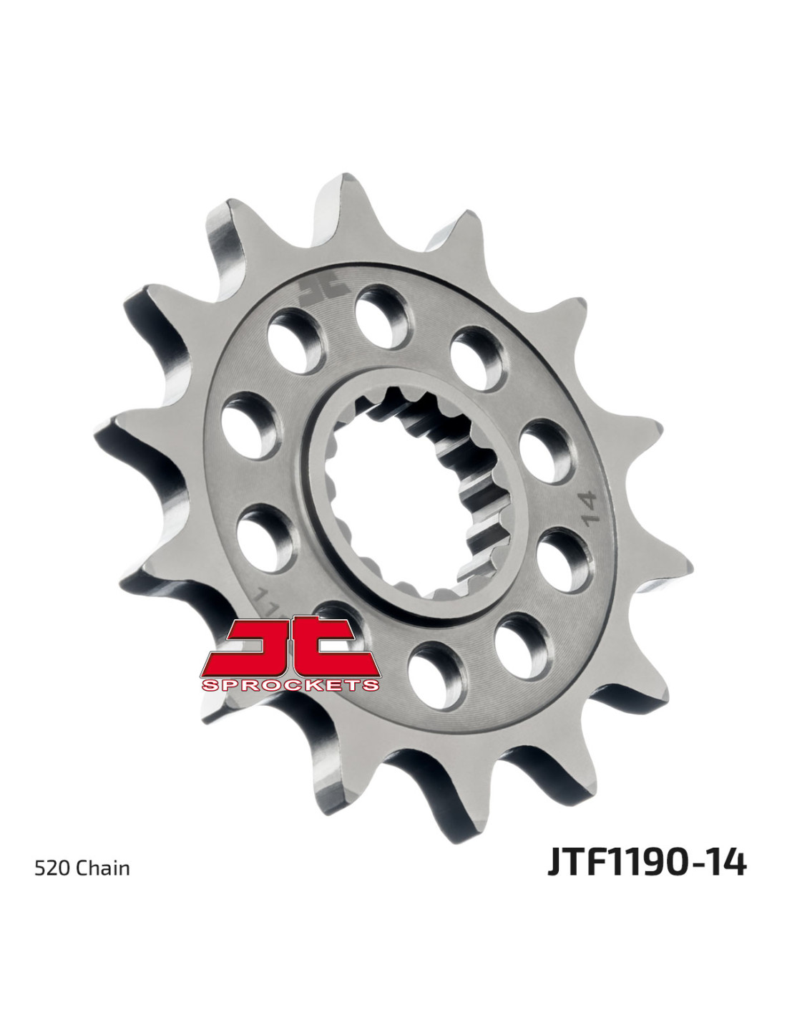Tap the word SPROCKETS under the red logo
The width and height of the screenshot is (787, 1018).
click(290, 685)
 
